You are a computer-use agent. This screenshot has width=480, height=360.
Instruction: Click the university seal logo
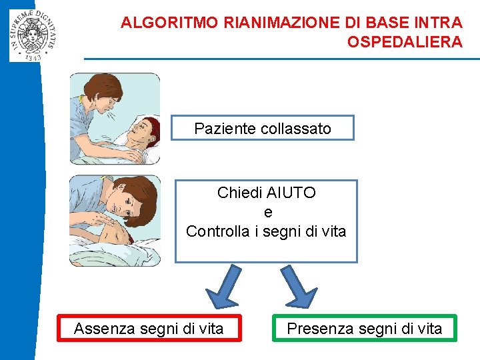click(x=33, y=31)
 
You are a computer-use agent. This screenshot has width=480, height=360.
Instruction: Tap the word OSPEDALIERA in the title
click(x=405, y=42)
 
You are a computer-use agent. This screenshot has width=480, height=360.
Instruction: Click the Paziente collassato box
click(x=262, y=128)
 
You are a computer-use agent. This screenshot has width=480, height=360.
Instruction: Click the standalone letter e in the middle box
click(x=268, y=213)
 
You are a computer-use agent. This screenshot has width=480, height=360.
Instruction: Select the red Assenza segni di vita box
click(x=149, y=329)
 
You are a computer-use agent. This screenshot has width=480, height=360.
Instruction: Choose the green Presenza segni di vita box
click(x=365, y=329)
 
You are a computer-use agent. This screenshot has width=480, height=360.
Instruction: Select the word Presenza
click(x=317, y=329)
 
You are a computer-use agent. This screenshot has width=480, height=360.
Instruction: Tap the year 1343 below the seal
click(x=33, y=57)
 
